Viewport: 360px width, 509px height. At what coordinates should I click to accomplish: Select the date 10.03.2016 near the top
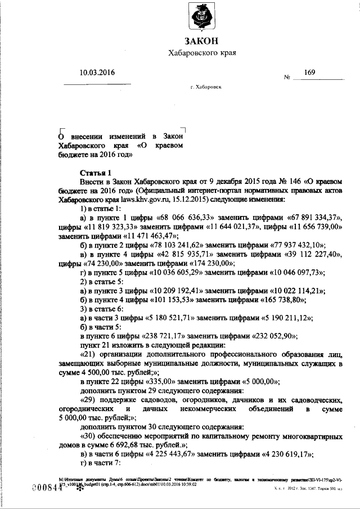pos(97,73)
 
